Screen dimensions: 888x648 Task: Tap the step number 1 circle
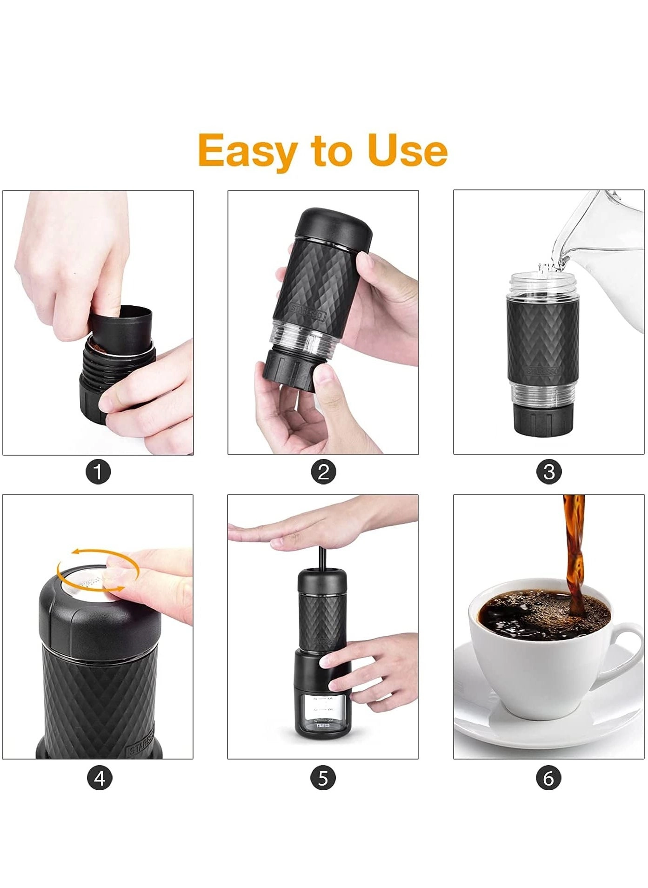click(x=98, y=472)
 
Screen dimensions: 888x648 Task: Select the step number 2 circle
click(x=323, y=472)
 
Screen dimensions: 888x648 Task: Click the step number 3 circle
click(x=549, y=472)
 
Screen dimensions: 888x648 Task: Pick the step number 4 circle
click(x=100, y=778)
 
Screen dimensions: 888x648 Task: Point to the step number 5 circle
click(x=323, y=778)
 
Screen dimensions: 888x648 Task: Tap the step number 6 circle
click(x=548, y=778)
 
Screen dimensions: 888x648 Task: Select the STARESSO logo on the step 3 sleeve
click(x=543, y=371)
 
